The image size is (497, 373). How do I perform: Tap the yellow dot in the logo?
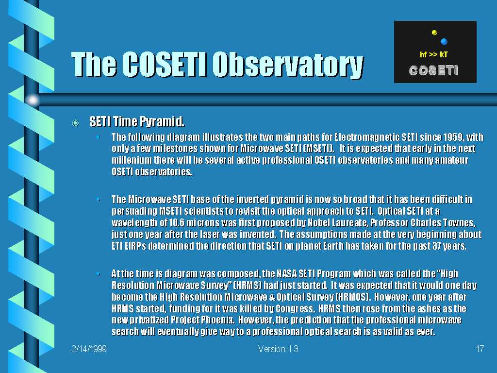(x=434, y=33)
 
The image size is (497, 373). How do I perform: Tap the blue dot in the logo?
(x=444, y=42)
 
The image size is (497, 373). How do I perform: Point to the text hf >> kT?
(x=433, y=54)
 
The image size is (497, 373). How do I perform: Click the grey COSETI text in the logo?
(x=433, y=70)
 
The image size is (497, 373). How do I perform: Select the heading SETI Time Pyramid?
(x=137, y=121)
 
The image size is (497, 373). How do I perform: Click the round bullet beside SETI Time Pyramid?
(x=75, y=123)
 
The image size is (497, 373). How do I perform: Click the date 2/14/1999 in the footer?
(x=89, y=349)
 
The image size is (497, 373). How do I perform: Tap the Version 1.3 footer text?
(x=278, y=349)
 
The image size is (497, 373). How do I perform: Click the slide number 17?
(x=480, y=349)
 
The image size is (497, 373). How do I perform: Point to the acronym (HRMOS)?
(x=353, y=297)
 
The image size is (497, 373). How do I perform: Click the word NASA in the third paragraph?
(x=287, y=274)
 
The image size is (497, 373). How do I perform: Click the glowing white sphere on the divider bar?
(x=33, y=100)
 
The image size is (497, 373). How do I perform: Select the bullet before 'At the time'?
(x=98, y=273)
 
